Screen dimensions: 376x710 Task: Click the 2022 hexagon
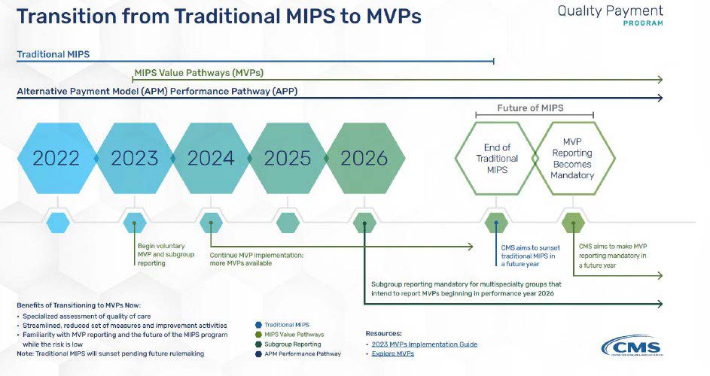point(56,159)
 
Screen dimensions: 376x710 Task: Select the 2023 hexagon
point(134,159)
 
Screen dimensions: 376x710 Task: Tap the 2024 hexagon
point(211,159)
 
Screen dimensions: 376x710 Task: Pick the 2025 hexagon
point(288,159)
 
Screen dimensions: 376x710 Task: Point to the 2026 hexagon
point(364,159)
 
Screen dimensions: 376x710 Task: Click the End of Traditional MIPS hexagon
point(496,159)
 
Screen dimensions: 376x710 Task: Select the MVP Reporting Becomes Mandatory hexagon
point(574,159)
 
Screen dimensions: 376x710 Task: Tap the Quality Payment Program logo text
point(611,15)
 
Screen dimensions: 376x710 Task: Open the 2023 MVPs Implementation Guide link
point(425,344)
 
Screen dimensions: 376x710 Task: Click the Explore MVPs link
point(393,353)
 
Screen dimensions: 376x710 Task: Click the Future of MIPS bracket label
point(530,108)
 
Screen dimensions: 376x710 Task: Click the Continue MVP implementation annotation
point(256,259)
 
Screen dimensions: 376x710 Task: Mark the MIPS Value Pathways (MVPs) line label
point(199,73)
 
